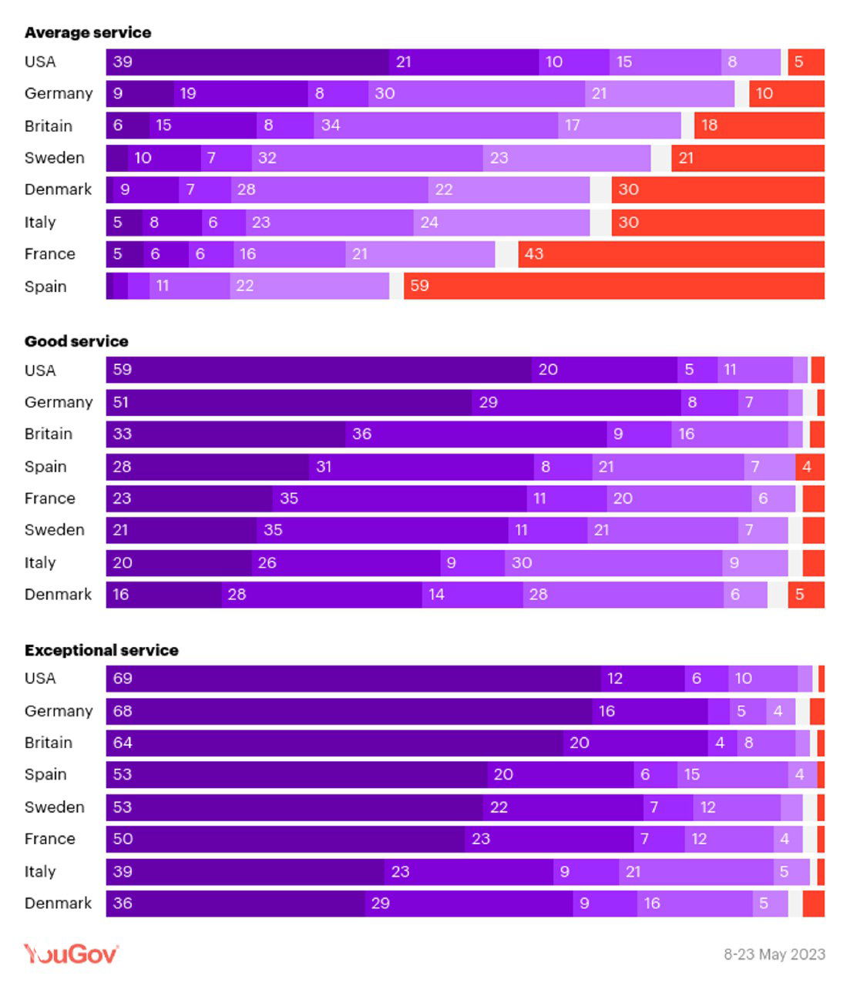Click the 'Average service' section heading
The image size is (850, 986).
tap(87, 32)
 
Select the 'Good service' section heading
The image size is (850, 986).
tap(76, 341)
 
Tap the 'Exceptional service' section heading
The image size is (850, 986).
tap(101, 650)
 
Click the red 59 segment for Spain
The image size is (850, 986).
tap(613, 286)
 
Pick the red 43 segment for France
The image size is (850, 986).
tap(670, 253)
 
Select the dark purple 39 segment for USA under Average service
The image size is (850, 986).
tap(247, 62)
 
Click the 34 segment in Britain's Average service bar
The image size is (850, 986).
tap(435, 126)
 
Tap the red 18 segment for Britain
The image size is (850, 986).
tap(759, 126)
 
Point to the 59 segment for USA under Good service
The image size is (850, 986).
tap(318, 370)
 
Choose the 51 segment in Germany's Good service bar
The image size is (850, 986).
tap(289, 402)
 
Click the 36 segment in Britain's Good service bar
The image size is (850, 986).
tap(475, 434)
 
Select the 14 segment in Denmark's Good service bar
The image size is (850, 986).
tap(472, 595)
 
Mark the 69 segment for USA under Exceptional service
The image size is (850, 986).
tap(353, 679)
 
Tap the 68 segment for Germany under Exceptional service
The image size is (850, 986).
tap(348, 711)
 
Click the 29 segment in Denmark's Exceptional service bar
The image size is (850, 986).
tap(469, 904)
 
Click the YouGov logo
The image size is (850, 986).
tap(71, 954)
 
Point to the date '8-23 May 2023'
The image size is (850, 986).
tap(774, 954)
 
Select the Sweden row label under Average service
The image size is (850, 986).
tap(54, 158)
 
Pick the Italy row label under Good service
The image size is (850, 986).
tap(40, 563)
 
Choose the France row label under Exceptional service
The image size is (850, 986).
tap(49, 839)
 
